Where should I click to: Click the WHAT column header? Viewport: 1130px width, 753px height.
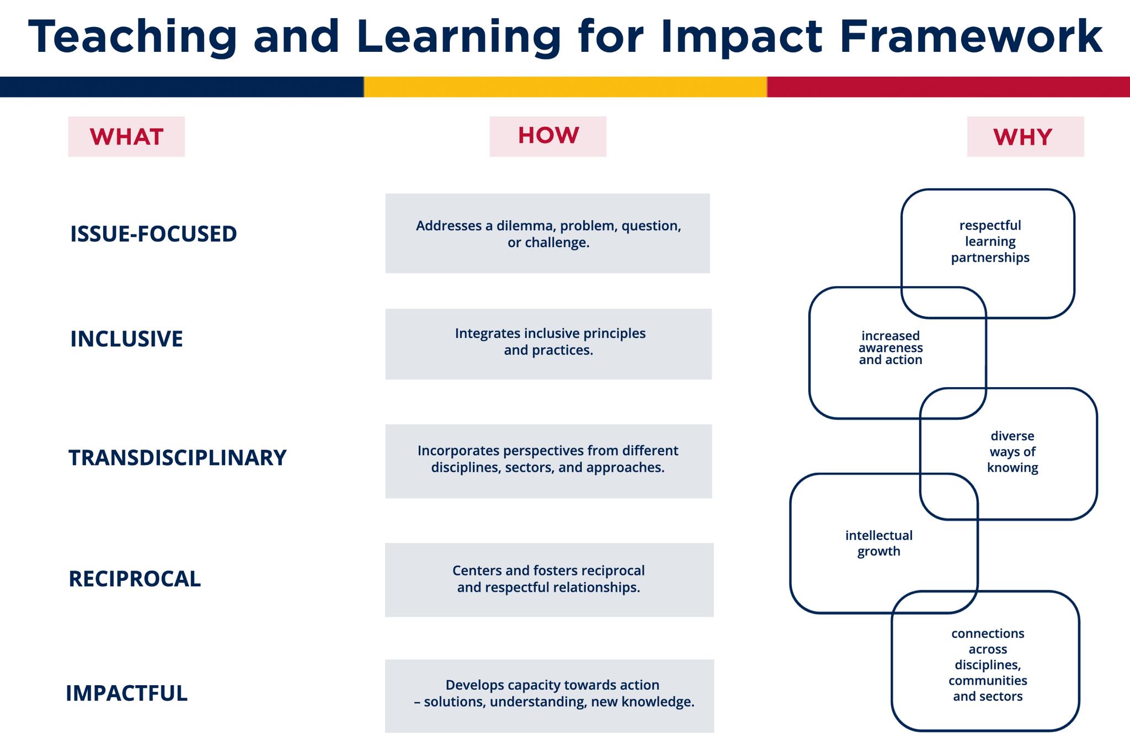click(x=126, y=137)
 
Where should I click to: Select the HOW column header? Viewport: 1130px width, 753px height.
click(x=548, y=136)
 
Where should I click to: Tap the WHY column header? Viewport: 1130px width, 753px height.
click(x=1025, y=137)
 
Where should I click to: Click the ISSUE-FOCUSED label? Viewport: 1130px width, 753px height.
click(x=153, y=234)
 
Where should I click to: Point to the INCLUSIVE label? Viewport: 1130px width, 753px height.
click(x=126, y=339)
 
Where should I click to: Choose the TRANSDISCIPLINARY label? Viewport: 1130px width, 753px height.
click(x=177, y=458)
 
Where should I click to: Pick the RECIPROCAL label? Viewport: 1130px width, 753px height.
click(x=135, y=579)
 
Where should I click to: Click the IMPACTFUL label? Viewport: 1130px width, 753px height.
click(x=126, y=693)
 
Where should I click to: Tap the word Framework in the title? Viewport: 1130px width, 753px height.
click(x=971, y=36)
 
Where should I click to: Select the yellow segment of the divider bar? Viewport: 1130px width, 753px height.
click(x=565, y=87)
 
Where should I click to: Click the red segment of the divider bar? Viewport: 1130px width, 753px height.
click(x=948, y=87)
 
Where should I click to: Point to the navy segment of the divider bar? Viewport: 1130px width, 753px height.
click(x=182, y=87)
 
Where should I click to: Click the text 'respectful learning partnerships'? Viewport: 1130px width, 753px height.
click(x=990, y=242)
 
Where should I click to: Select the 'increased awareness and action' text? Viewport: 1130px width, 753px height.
click(x=891, y=348)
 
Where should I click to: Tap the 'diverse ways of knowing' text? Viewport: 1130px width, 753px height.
click(x=1012, y=452)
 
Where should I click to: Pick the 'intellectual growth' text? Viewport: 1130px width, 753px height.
click(x=878, y=543)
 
